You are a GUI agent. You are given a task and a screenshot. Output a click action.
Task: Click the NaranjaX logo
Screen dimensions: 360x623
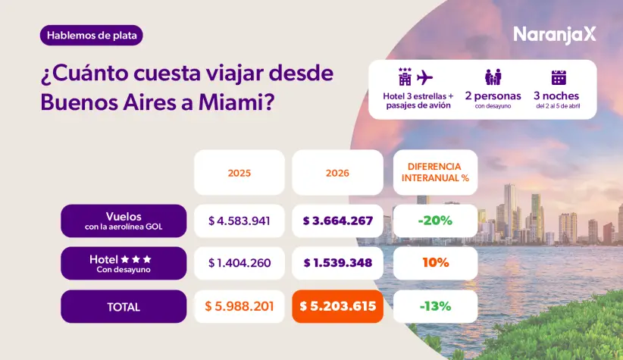pyautogui.click(x=555, y=34)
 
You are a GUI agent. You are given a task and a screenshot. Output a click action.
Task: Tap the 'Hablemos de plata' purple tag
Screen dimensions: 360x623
pyautogui.click(x=92, y=35)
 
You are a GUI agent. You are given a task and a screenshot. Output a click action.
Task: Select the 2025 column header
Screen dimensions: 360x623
pyautogui.click(x=239, y=173)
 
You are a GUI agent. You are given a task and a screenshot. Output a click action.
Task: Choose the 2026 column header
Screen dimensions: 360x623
pyautogui.click(x=337, y=173)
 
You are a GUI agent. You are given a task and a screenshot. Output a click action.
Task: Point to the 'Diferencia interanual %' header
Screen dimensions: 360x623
pyautogui.click(x=434, y=173)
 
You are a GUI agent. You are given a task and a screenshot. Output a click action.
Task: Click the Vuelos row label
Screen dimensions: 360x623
pyautogui.click(x=124, y=221)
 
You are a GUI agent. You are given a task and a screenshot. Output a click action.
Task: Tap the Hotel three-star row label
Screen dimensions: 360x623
pyautogui.click(x=124, y=263)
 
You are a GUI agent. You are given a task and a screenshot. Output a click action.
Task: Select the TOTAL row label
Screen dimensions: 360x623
pyautogui.click(x=124, y=307)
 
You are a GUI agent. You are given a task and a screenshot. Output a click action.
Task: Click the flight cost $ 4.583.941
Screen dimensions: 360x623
pyautogui.click(x=239, y=221)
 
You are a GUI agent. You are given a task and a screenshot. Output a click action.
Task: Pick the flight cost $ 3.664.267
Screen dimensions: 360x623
pyautogui.click(x=337, y=221)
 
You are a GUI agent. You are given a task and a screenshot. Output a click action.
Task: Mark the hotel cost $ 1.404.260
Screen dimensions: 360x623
pyautogui.click(x=239, y=263)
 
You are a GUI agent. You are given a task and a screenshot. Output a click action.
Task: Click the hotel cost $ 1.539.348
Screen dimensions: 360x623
pyautogui.click(x=337, y=263)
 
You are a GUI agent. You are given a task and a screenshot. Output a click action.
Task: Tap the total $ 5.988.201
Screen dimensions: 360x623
pyautogui.click(x=239, y=307)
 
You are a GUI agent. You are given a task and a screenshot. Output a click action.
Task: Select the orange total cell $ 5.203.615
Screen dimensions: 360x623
pyautogui.click(x=337, y=307)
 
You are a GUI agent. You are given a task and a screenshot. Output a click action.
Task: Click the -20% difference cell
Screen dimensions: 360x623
pyautogui.click(x=434, y=221)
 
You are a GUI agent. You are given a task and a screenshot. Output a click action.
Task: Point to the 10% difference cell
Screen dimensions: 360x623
pyautogui.click(x=434, y=263)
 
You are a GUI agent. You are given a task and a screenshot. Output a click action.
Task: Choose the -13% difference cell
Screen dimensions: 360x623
pyautogui.click(x=434, y=307)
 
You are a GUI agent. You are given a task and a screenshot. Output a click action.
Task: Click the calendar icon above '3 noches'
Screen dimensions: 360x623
pyautogui.click(x=559, y=77)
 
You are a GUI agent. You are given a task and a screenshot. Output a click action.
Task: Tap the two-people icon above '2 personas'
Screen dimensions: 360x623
pyautogui.click(x=493, y=77)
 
